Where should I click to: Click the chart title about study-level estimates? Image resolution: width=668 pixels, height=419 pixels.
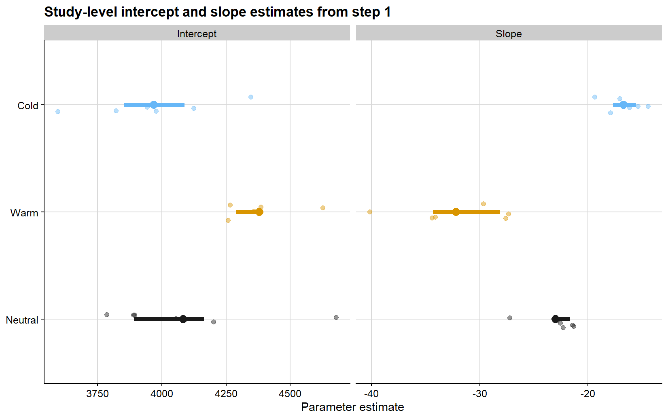(217, 12)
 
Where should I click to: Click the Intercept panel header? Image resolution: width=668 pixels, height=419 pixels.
(197, 34)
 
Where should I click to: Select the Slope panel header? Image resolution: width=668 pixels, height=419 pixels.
(509, 34)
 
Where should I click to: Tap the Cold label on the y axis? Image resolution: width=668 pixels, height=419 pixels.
(28, 106)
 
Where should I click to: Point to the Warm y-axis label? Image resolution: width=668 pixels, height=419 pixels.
(24, 213)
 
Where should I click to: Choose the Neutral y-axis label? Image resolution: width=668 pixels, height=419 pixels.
(22, 320)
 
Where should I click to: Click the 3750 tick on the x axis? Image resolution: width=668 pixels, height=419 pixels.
(98, 394)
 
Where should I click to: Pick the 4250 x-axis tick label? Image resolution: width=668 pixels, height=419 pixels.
(226, 394)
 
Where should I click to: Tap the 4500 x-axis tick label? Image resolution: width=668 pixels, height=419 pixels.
(290, 394)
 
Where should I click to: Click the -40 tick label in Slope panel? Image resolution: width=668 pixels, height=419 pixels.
(371, 394)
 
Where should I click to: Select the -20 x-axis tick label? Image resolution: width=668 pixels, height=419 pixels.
(588, 394)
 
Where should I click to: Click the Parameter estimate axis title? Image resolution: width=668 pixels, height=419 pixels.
(352, 407)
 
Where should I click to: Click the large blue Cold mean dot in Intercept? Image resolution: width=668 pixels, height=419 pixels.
(154, 105)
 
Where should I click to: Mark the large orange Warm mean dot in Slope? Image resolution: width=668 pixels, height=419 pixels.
(456, 212)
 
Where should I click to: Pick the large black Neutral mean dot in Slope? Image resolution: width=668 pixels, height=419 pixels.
(555, 319)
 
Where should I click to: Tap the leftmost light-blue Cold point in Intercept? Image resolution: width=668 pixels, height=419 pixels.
(58, 112)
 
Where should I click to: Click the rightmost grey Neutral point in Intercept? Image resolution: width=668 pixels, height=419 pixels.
(336, 317)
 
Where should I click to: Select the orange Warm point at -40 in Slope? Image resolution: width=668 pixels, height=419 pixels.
(370, 212)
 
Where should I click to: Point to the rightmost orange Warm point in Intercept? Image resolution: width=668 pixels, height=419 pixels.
(323, 208)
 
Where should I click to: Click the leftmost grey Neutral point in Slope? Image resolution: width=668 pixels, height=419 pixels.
(510, 318)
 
